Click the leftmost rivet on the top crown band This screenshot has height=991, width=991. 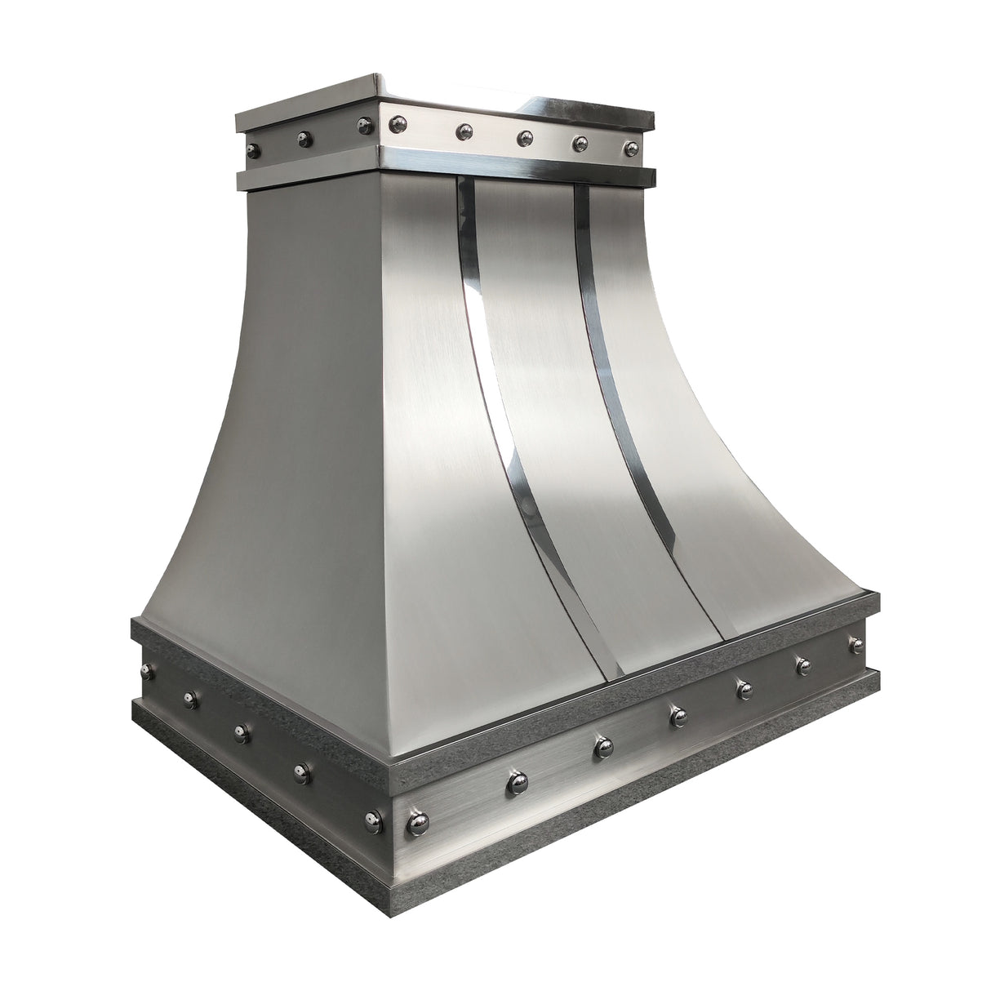(x=253, y=149)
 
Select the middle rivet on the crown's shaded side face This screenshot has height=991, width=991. (x=303, y=136)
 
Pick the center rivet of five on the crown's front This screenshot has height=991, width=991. (x=524, y=136)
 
